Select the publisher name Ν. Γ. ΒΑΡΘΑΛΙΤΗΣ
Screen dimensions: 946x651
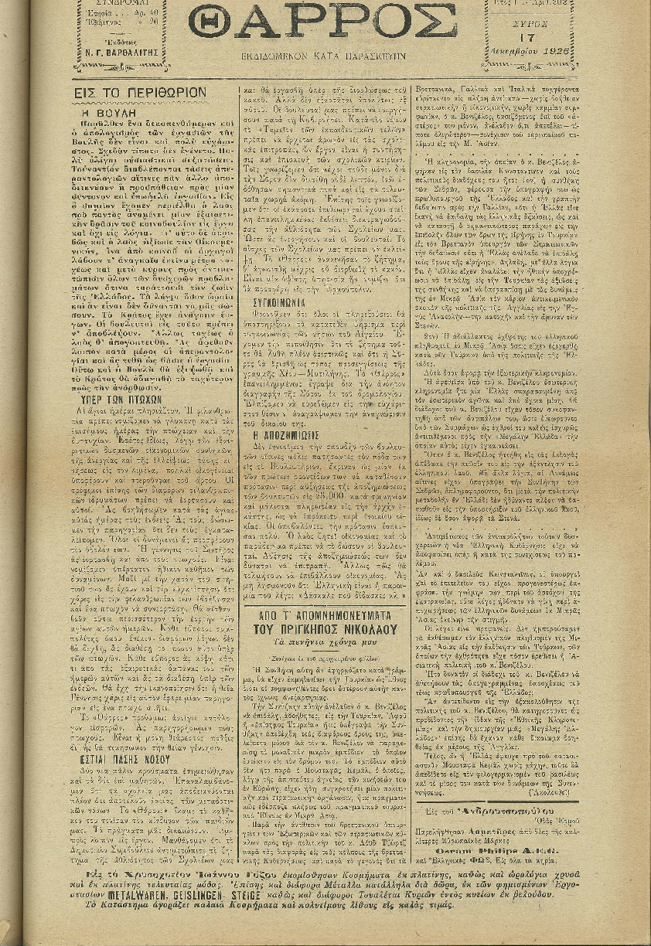124,53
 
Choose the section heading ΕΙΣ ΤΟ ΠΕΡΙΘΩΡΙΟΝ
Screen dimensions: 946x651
141,91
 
